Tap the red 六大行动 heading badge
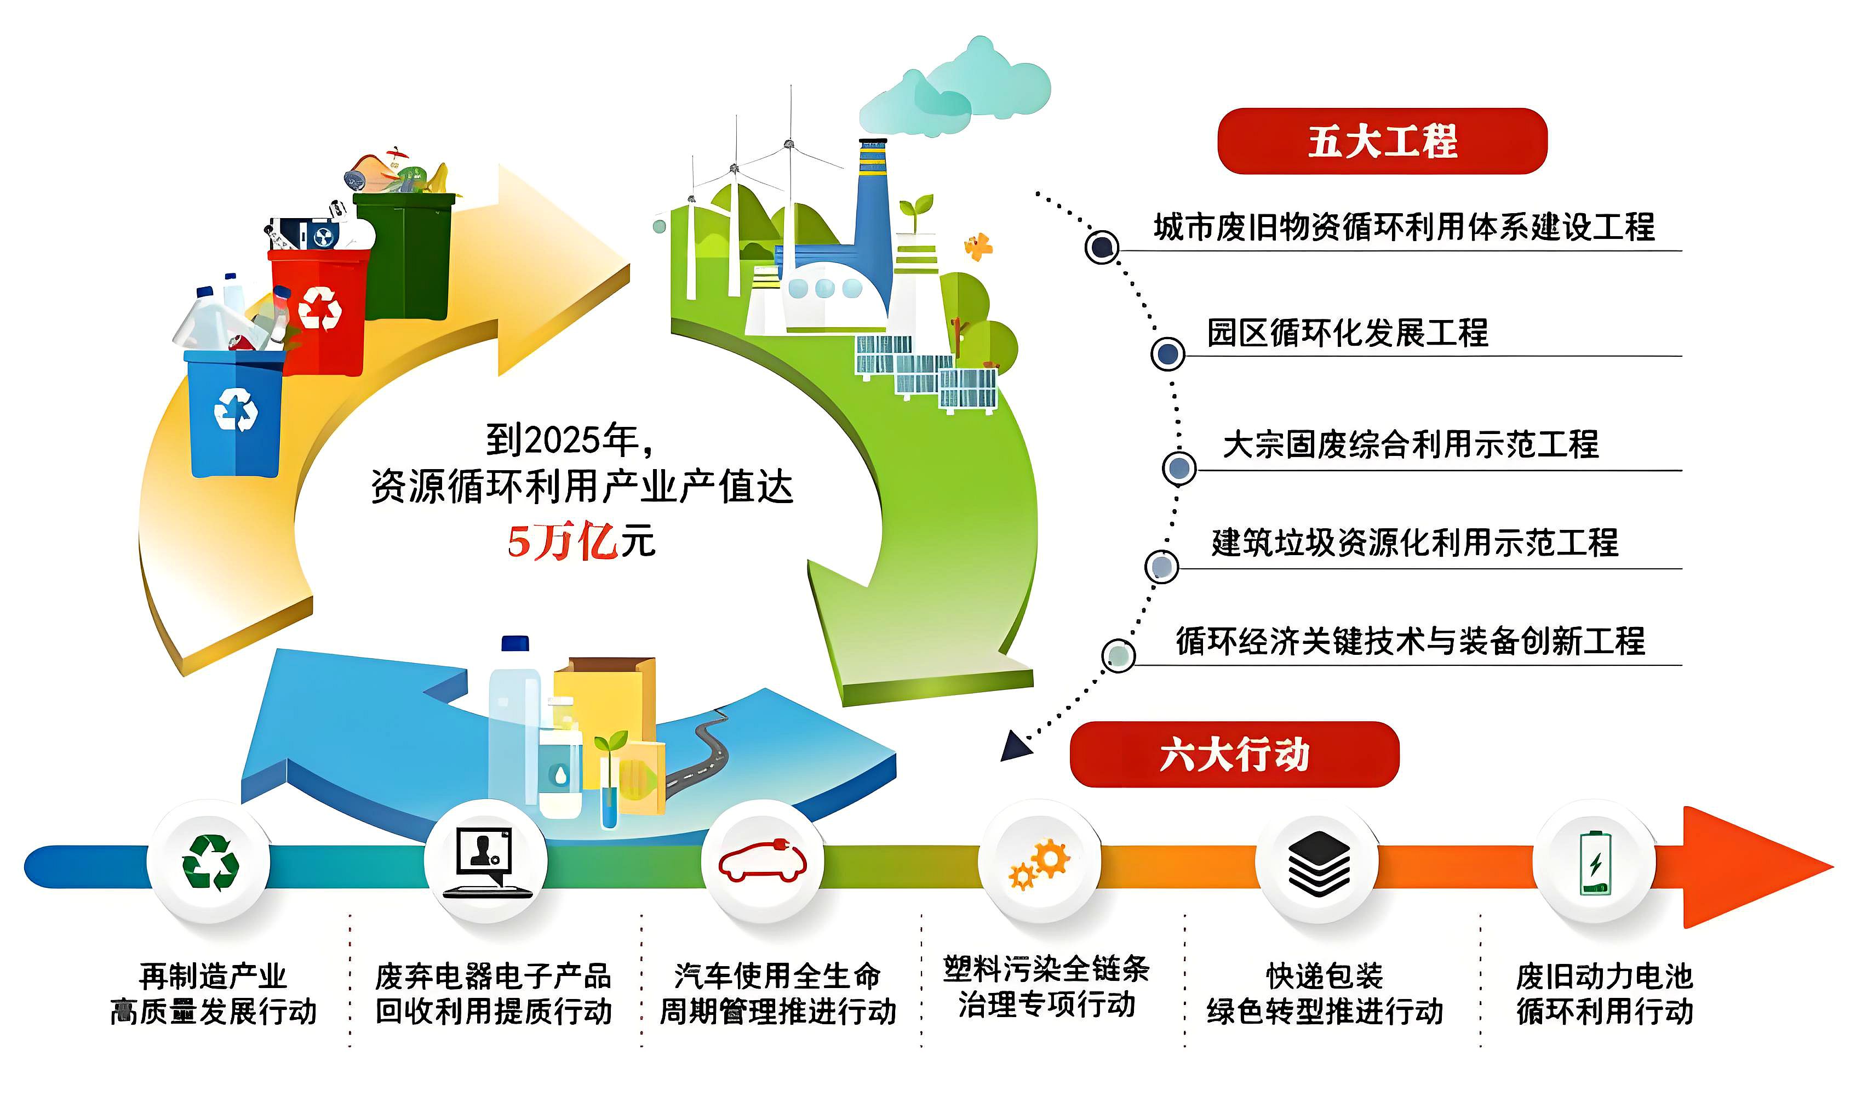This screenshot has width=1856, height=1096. [x=1234, y=755]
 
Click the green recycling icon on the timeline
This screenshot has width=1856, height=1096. [x=210, y=863]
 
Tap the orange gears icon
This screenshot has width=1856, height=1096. [x=1039, y=864]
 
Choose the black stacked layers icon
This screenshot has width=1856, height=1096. [x=1319, y=863]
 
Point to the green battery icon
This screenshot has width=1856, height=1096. [x=1595, y=863]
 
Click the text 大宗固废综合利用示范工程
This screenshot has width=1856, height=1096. [x=1410, y=444]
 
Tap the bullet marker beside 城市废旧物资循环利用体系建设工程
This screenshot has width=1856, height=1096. [x=1102, y=247]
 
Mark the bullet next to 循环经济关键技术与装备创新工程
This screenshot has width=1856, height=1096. [x=1118, y=655]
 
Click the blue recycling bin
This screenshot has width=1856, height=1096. [x=235, y=414]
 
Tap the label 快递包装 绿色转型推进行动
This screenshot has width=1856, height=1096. [x=1325, y=994]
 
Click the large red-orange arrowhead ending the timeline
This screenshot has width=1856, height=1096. [x=1757, y=867]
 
